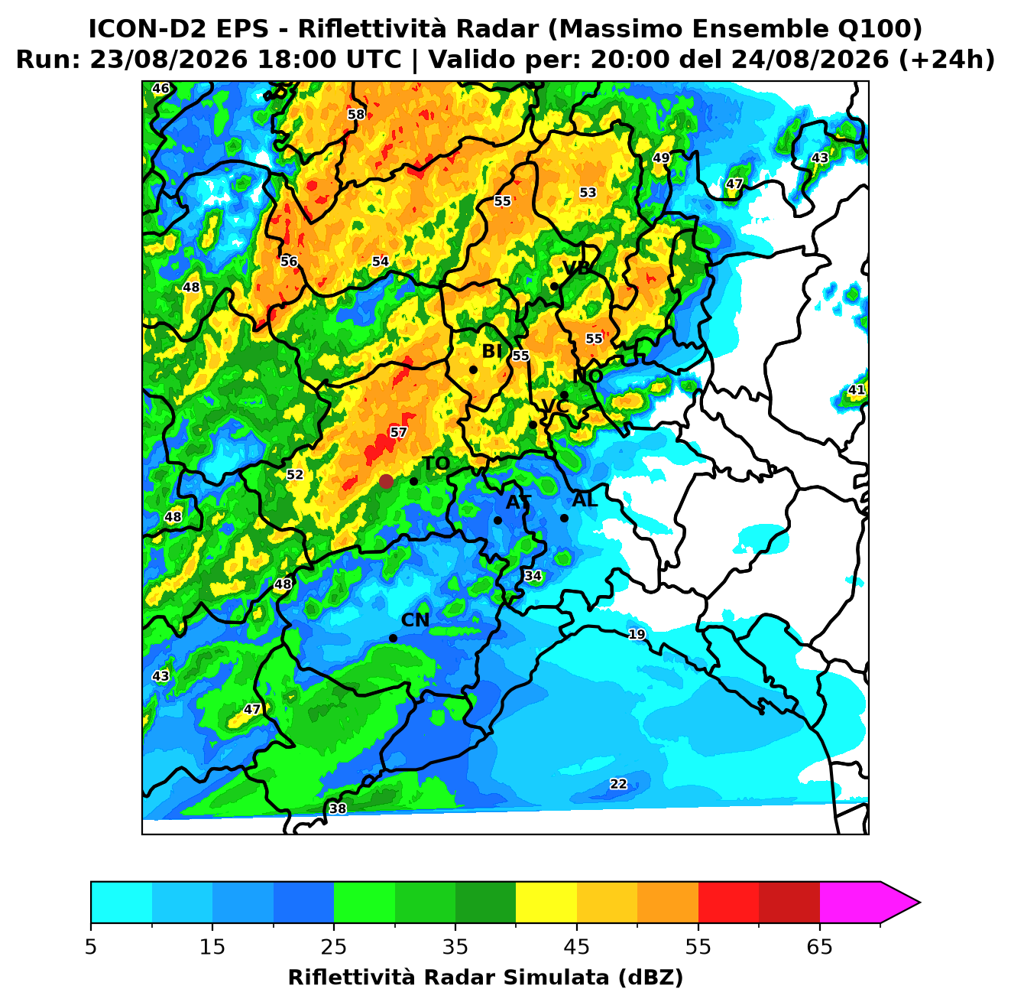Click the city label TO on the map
click(x=436, y=463)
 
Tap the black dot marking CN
click(x=393, y=639)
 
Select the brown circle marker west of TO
click(x=386, y=481)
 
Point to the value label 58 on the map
click(x=355, y=114)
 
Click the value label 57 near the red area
click(x=398, y=432)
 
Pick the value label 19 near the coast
click(x=637, y=635)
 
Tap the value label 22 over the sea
click(x=618, y=785)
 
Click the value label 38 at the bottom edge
click(x=337, y=809)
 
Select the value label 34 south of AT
click(x=533, y=576)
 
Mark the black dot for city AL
click(x=564, y=519)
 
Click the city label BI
click(x=491, y=352)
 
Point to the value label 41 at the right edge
click(x=856, y=390)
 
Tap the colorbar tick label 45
click(x=577, y=947)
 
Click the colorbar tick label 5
click(x=91, y=947)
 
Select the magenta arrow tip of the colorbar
click(x=919, y=903)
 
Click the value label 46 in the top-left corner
click(x=160, y=88)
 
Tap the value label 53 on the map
click(x=588, y=193)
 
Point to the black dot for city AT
click(x=497, y=521)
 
